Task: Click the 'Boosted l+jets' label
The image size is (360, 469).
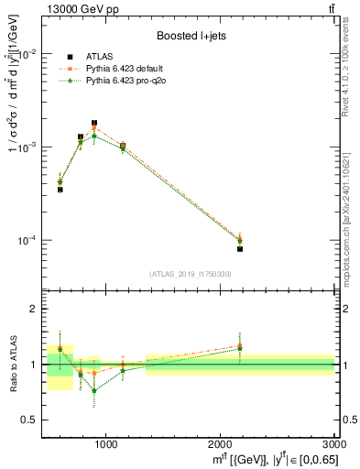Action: click(191, 36)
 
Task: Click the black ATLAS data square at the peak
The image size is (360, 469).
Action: click(94, 123)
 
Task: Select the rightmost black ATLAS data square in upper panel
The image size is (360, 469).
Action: click(240, 248)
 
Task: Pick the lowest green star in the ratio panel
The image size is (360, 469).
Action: click(94, 390)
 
